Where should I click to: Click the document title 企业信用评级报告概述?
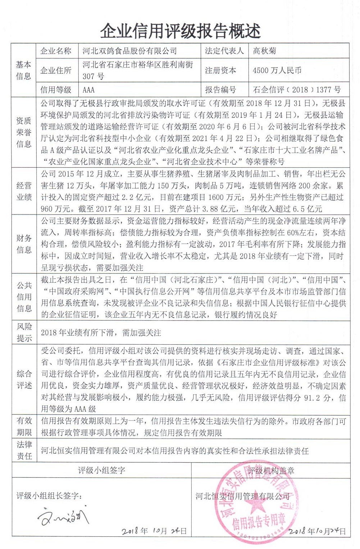(x=180, y=31)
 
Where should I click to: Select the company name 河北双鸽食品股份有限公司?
(x=129, y=51)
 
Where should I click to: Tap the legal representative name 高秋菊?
(x=264, y=51)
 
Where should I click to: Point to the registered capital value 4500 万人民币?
(x=277, y=70)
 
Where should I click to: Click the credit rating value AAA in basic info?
(x=88, y=90)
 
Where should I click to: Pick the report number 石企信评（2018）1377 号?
(x=297, y=90)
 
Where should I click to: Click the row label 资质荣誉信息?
(x=24, y=132)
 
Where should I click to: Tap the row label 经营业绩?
(x=24, y=191)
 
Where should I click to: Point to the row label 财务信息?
(x=24, y=244)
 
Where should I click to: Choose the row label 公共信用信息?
(x=24, y=297)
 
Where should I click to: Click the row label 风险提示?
(x=24, y=332)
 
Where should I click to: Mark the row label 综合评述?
(x=24, y=380)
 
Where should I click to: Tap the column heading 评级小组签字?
(x=101, y=470)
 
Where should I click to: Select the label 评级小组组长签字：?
(x=49, y=496)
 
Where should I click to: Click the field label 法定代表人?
(x=224, y=51)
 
